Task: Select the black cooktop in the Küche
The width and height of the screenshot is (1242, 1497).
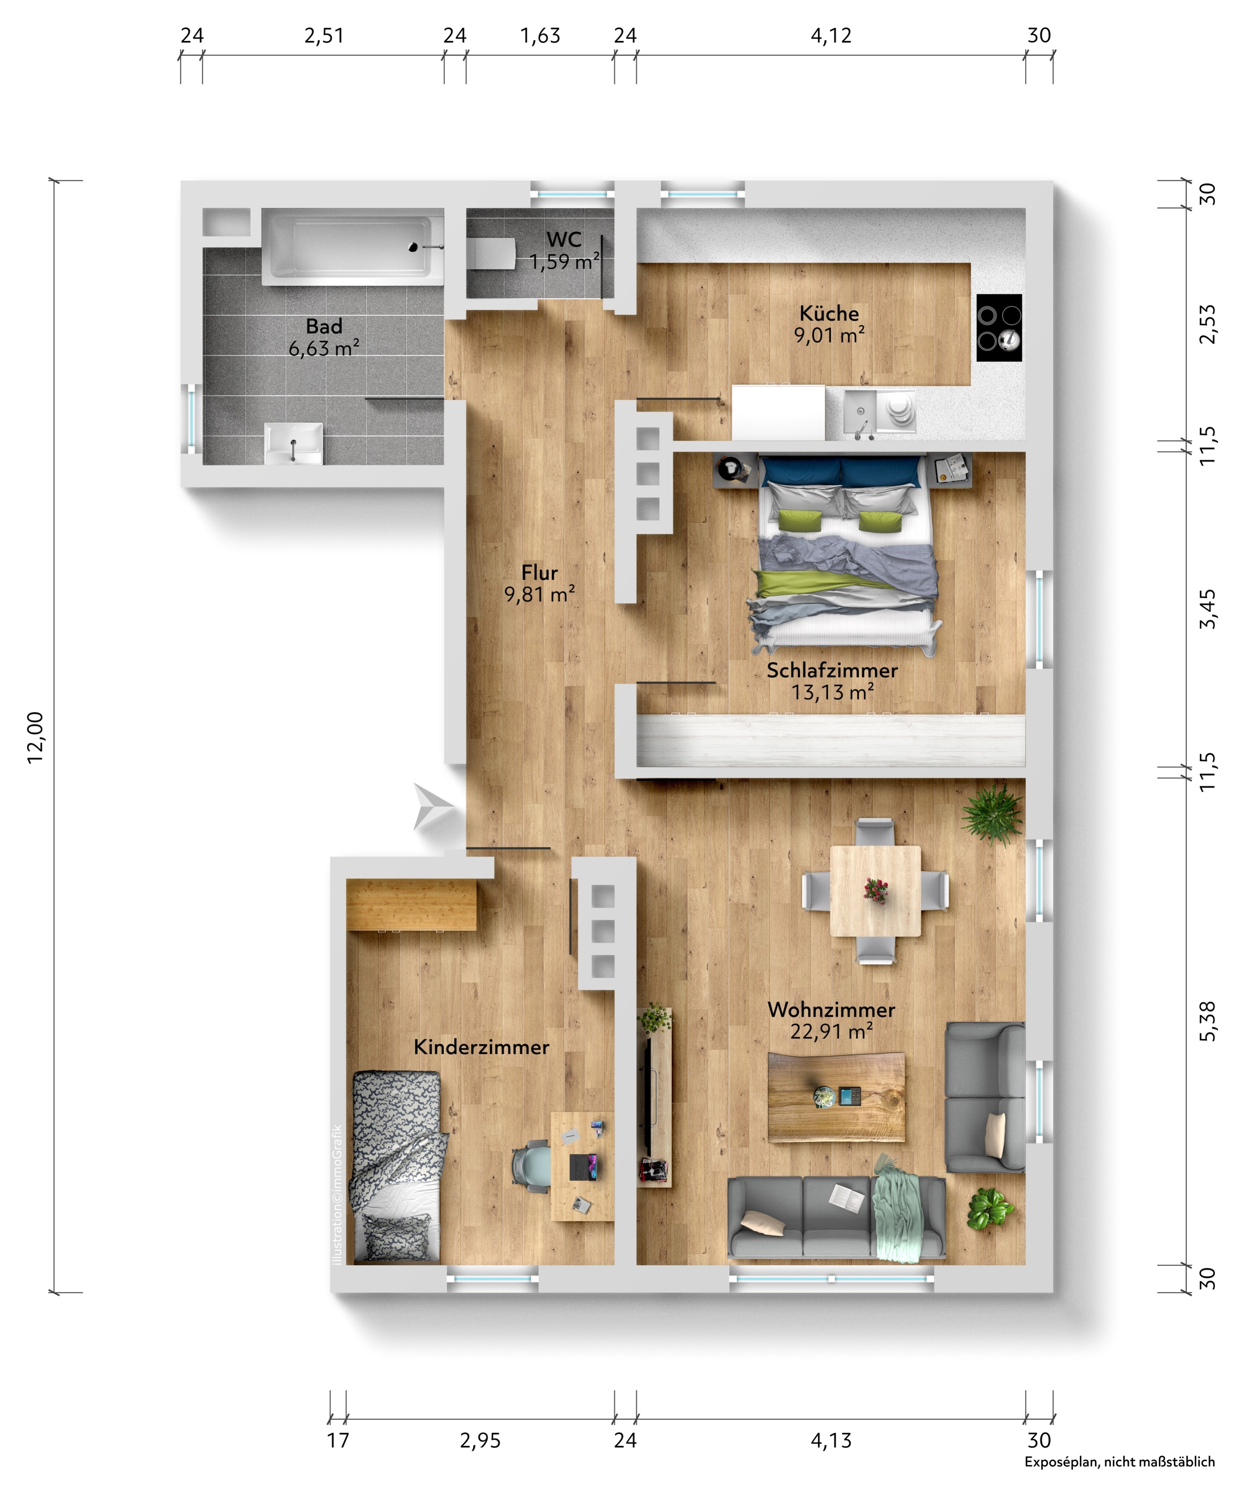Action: [999, 328]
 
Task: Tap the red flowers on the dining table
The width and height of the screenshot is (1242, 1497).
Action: [875, 890]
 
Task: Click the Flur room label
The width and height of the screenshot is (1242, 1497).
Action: [540, 572]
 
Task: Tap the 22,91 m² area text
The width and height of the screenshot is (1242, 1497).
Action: [831, 1031]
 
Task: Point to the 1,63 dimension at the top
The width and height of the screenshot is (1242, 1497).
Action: [540, 36]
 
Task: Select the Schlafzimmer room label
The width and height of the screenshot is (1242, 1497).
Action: [832, 670]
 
